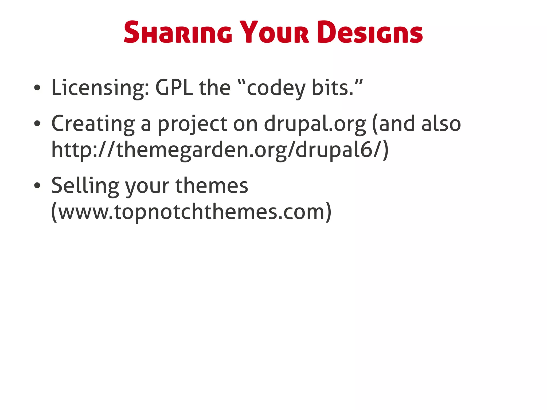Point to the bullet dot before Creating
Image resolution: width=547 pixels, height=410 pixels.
[x=37, y=123]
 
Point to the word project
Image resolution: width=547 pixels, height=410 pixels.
[x=192, y=124]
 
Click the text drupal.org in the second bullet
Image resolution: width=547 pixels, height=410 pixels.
[x=315, y=124]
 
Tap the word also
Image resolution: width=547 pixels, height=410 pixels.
[x=441, y=123]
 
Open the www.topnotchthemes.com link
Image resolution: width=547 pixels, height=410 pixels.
[x=191, y=212]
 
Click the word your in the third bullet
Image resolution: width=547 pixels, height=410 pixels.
[x=147, y=186]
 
